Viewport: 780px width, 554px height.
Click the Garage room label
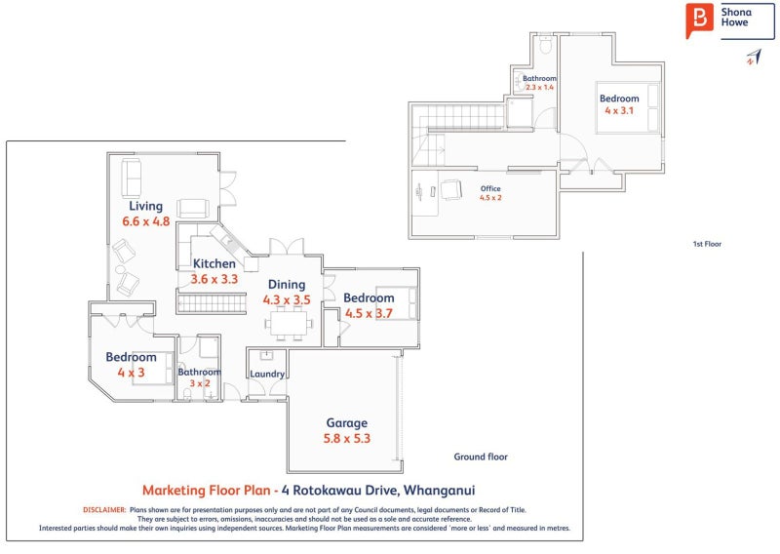pyautogui.click(x=347, y=423)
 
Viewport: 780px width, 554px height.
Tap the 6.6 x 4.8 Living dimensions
pyautogui.click(x=145, y=221)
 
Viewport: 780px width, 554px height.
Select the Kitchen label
pyautogui.click(x=214, y=263)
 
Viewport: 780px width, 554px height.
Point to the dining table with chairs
pyautogui.click(x=289, y=324)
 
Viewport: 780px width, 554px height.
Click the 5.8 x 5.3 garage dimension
pyautogui.click(x=347, y=439)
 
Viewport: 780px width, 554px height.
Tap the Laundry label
pyautogui.click(x=267, y=375)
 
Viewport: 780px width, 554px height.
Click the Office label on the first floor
pyautogui.click(x=490, y=188)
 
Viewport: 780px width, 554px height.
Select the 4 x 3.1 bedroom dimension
pyautogui.click(x=619, y=110)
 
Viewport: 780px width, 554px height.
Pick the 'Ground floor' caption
pyautogui.click(x=481, y=456)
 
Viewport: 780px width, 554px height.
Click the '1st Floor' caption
pyautogui.click(x=707, y=244)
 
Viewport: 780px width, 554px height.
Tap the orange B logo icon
pyautogui.click(x=699, y=20)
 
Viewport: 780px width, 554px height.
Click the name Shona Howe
pyautogui.click(x=736, y=17)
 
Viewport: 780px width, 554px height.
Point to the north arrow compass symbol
pyautogui.click(x=754, y=57)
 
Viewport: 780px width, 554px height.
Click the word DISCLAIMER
pyautogui.click(x=104, y=510)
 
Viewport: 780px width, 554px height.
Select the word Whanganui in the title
pyautogui.click(x=440, y=491)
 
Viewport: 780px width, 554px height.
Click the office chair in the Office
pyautogui.click(x=451, y=189)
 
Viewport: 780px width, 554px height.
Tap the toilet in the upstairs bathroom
pyautogui.click(x=546, y=45)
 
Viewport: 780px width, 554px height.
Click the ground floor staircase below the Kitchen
pyautogui.click(x=212, y=303)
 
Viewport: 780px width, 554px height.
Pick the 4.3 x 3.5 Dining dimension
pyautogui.click(x=287, y=300)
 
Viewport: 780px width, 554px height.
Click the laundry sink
pyautogui.click(x=266, y=355)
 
